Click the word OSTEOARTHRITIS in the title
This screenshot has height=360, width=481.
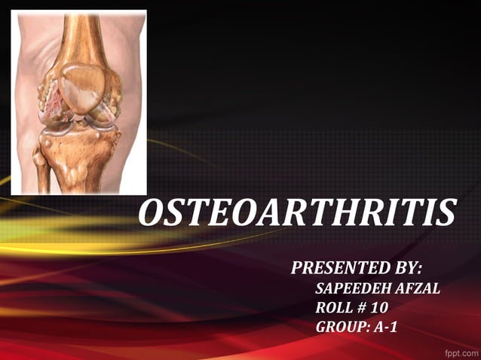click(298, 214)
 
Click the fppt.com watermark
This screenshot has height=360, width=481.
click(459, 352)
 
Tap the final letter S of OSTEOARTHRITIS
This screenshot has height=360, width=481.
click(446, 214)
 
